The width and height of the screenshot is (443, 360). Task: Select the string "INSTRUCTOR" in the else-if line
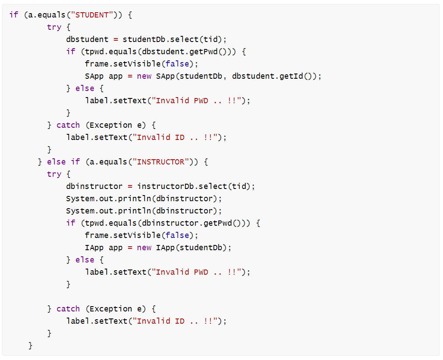161,162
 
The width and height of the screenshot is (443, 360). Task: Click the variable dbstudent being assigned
87,39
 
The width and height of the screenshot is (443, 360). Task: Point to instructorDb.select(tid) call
196,186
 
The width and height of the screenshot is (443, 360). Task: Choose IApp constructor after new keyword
166,248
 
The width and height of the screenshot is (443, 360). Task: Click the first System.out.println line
144,199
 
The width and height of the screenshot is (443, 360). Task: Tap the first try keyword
54,27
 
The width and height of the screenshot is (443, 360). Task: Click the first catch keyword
68,125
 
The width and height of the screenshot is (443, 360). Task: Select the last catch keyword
68,309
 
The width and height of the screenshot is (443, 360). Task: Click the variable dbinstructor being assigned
94,186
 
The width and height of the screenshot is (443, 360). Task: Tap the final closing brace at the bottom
31,346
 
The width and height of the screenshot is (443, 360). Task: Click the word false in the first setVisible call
178,64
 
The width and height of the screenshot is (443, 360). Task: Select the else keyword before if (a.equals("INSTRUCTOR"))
56,162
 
